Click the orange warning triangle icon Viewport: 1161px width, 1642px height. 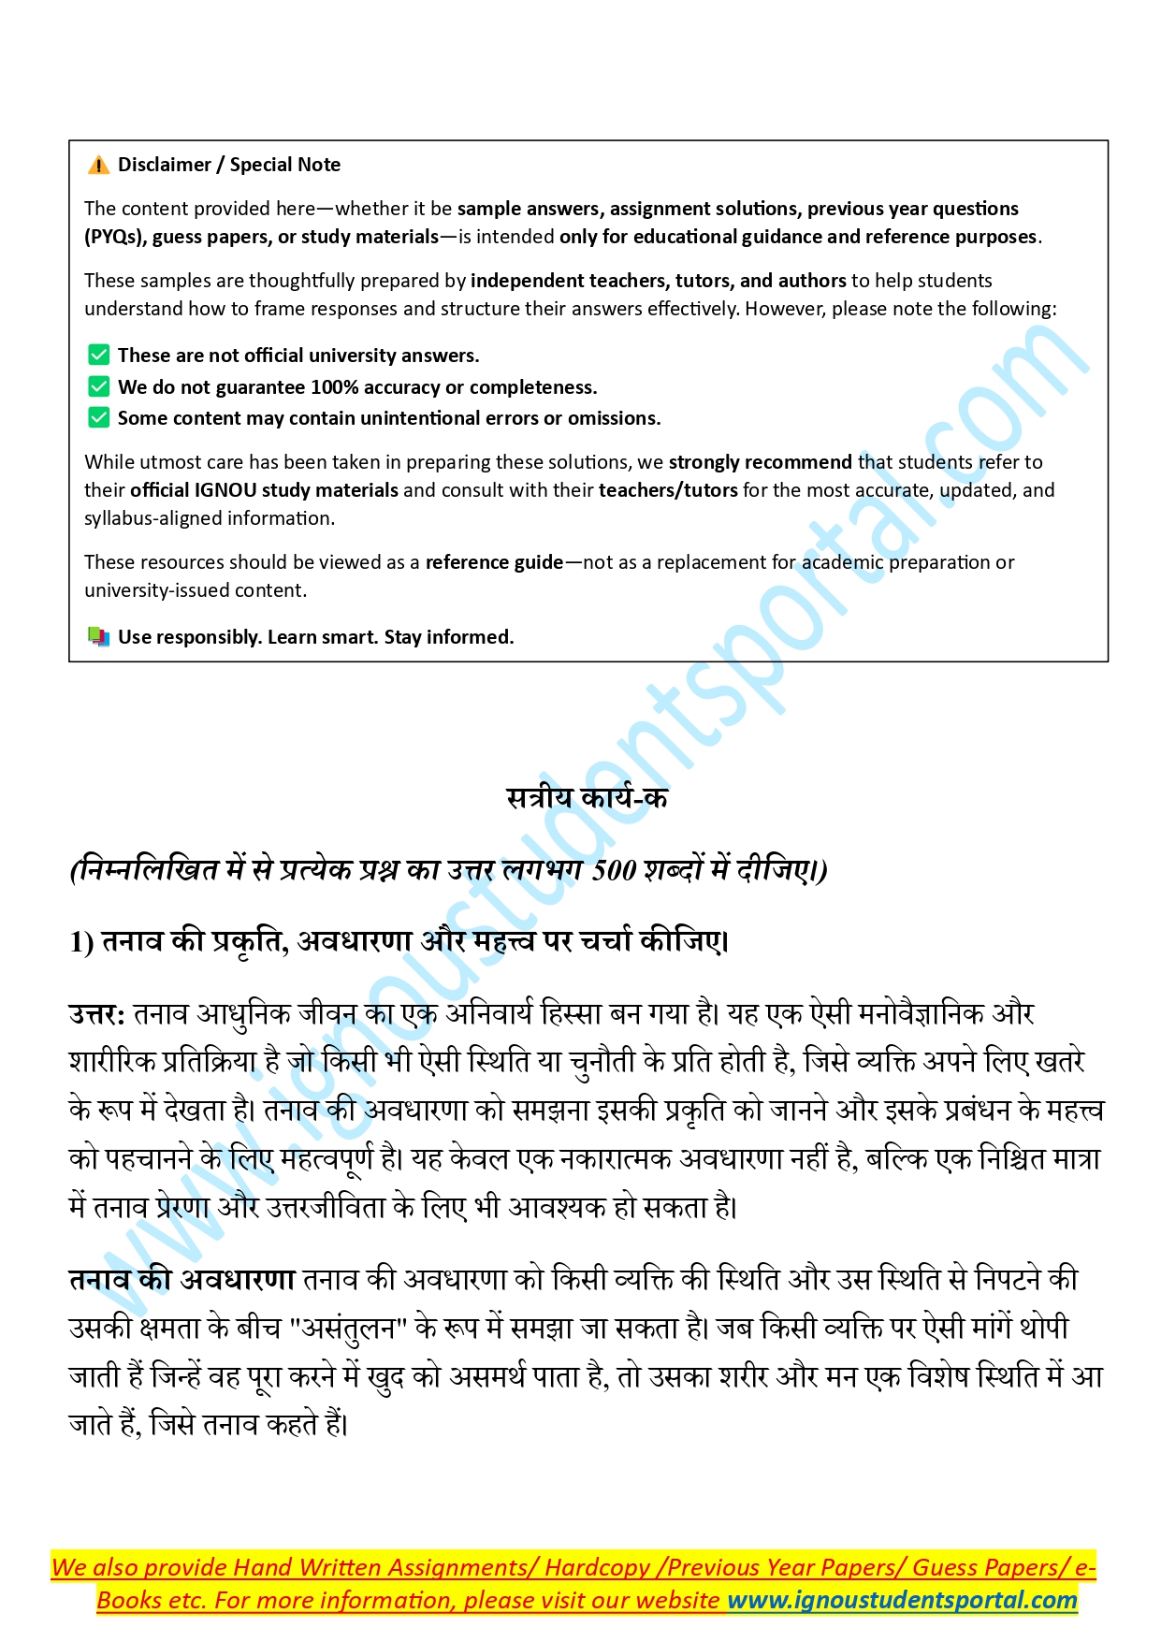(x=98, y=166)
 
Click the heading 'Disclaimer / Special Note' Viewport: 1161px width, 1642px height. (x=229, y=165)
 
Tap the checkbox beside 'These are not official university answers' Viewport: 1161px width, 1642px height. (x=98, y=355)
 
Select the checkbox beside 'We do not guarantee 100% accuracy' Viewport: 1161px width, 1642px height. (x=98, y=386)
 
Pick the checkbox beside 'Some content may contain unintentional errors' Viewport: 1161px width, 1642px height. (x=98, y=417)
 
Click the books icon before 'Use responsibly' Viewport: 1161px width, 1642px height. (x=98, y=637)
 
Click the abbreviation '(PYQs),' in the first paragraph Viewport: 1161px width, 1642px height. (x=116, y=237)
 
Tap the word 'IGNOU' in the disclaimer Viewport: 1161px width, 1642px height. (x=225, y=490)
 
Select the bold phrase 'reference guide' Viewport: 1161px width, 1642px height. (x=494, y=562)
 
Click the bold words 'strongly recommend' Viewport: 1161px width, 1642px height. (x=760, y=462)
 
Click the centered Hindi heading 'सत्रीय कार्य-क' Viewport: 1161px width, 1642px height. (x=587, y=798)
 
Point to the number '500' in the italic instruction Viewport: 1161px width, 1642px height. (x=614, y=870)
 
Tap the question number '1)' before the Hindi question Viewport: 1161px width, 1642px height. (x=81, y=942)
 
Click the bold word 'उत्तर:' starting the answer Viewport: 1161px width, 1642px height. (x=96, y=1014)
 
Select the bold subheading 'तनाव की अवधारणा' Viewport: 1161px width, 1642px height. (x=181, y=1279)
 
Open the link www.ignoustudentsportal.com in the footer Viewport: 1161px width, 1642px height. (x=902, y=1600)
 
